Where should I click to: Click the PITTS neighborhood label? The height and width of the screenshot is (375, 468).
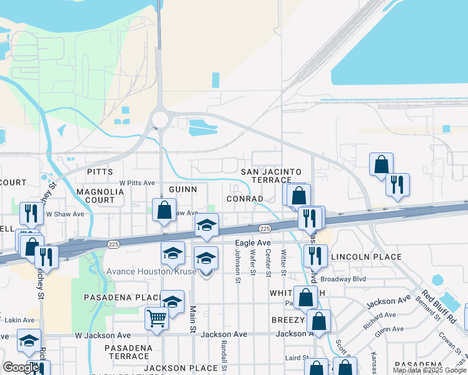100,171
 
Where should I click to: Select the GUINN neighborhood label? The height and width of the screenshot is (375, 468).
183,189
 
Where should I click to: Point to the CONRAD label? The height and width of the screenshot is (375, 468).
245,198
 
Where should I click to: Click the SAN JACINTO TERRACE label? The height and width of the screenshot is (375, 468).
272,176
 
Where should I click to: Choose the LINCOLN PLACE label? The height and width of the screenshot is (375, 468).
365,257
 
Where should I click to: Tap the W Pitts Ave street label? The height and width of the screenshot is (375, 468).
137,183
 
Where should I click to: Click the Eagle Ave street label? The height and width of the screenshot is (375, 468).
253,242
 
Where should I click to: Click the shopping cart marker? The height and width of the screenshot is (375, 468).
156,317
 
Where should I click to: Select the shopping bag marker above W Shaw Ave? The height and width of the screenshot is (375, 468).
164,211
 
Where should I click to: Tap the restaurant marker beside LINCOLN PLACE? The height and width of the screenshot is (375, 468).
315,255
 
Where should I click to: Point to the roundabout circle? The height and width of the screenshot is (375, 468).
161,119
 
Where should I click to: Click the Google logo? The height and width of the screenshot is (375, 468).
20,367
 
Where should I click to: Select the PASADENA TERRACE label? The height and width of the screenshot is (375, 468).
128,352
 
